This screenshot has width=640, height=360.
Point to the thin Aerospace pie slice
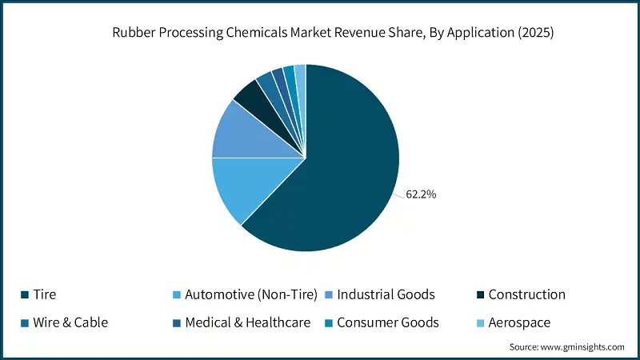301,76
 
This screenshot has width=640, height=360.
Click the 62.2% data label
421,194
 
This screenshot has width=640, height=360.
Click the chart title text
320,34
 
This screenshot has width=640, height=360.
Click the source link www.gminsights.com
582,346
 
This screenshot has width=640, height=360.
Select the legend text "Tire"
45,294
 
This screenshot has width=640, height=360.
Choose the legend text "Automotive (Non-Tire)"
251,294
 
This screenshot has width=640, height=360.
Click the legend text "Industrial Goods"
386,294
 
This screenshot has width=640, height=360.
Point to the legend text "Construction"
526,294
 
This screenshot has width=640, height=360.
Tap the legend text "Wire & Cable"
70,322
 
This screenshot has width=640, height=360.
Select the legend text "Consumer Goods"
388,322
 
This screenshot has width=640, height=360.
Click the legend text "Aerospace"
519,322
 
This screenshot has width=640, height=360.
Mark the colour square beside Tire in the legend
25,295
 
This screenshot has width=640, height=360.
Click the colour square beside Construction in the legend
478,295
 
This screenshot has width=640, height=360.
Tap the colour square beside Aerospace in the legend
478,323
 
